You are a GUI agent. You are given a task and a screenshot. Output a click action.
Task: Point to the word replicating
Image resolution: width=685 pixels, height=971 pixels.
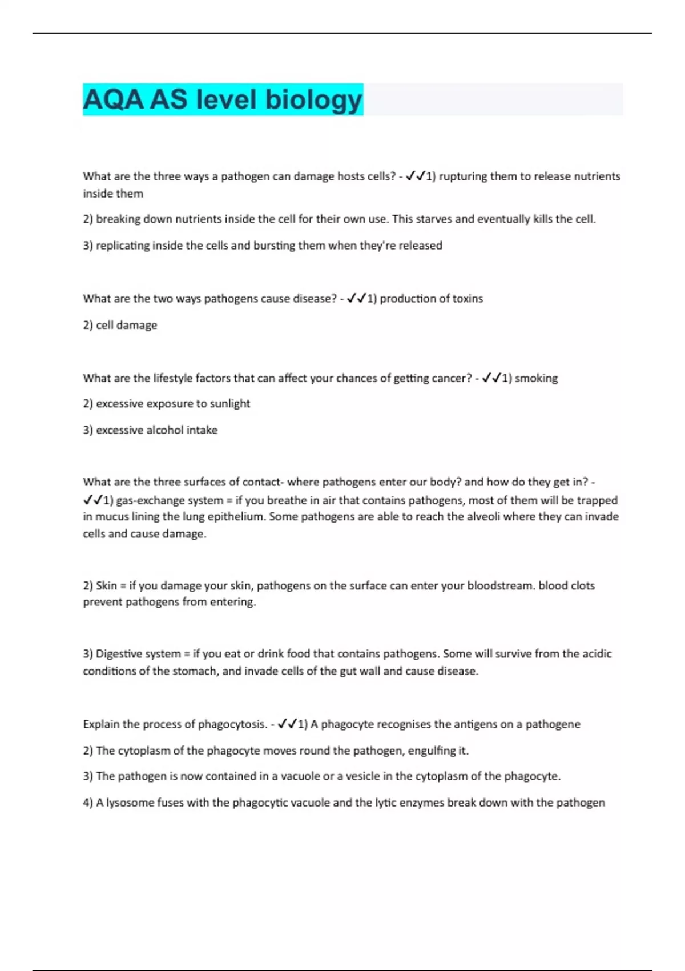click(122, 246)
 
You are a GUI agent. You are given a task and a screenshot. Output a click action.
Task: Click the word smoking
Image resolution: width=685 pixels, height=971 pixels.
click(536, 378)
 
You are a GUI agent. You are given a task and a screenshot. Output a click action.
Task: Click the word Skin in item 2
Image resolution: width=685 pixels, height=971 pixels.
click(106, 586)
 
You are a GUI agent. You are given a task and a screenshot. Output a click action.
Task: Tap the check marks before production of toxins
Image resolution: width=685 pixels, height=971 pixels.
click(356, 298)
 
